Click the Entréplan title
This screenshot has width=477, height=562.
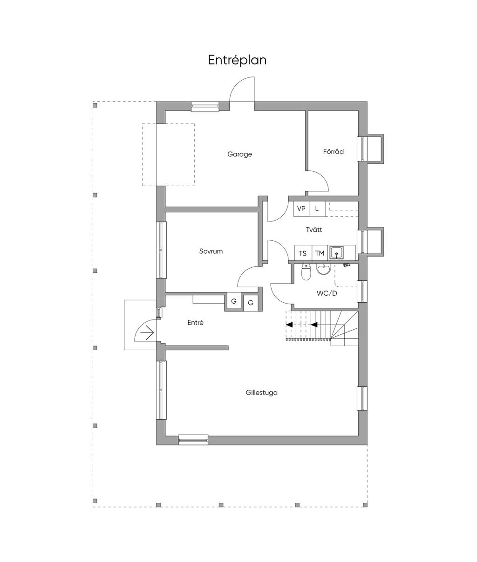[x=237, y=60]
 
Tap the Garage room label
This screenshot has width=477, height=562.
[x=239, y=154]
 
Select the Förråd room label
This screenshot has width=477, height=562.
[x=334, y=152]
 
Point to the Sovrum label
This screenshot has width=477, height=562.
[x=211, y=251]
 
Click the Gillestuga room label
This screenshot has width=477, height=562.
[x=262, y=393]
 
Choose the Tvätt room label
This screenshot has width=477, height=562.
[x=314, y=230]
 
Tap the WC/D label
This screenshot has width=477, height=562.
[x=327, y=293]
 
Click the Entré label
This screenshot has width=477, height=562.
[x=195, y=323]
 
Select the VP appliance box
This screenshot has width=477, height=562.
[x=301, y=209]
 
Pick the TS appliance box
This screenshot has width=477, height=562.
[x=303, y=253]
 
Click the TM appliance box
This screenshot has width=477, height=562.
[x=320, y=253]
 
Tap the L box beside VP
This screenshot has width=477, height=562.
[x=317, y=209]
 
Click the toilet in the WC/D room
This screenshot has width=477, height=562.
[x=307, y=272]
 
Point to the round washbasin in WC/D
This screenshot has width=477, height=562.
[x=324, y=270]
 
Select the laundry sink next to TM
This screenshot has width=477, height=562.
[x=337, y=253]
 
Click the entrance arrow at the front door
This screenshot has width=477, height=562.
[x=147, y=333]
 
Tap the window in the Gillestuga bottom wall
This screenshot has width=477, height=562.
[x=193, y=440]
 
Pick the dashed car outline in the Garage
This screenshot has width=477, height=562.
[x=169, y=155]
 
